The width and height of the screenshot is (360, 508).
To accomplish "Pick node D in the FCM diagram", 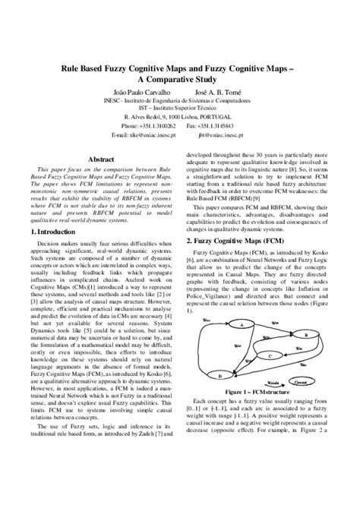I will coord(220,376).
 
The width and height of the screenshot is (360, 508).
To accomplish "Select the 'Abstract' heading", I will coord(101,159).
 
